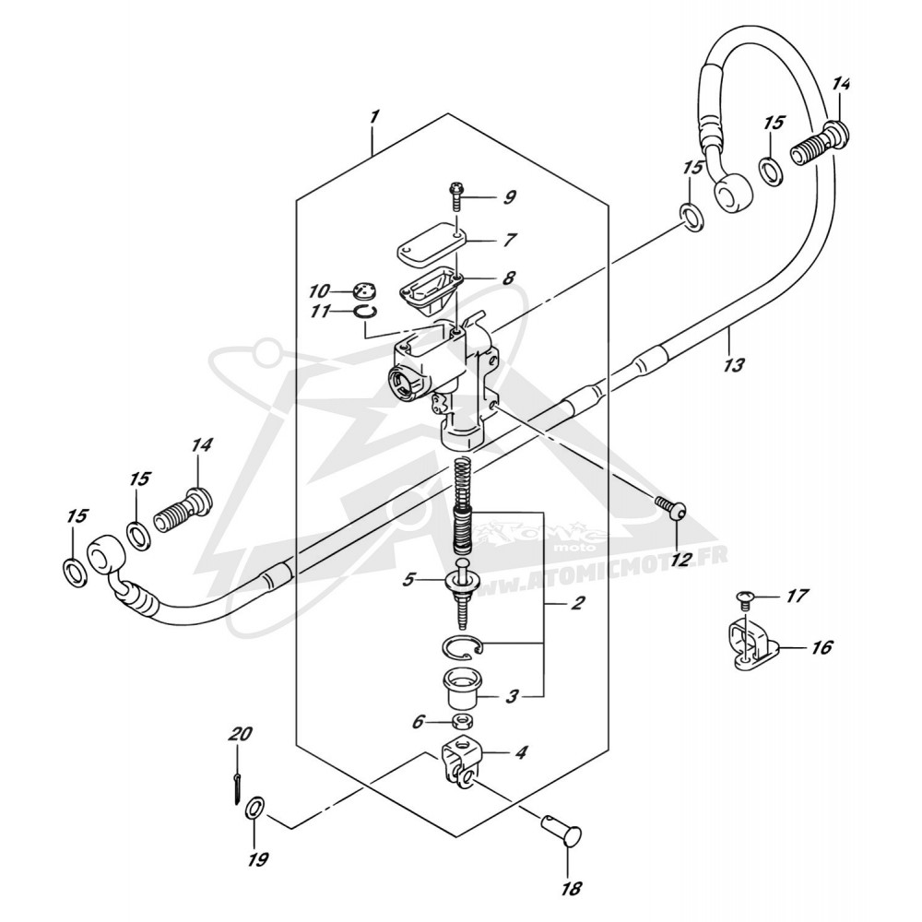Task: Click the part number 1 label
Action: (374, 116)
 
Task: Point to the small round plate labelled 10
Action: (364, 290)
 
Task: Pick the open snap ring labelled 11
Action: (366, 312)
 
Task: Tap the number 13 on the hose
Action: (734, 365)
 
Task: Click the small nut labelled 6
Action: (460, 721)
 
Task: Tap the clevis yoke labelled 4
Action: (461, 762)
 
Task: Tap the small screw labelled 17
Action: (744, 600)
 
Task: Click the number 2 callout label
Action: (578, 603)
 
